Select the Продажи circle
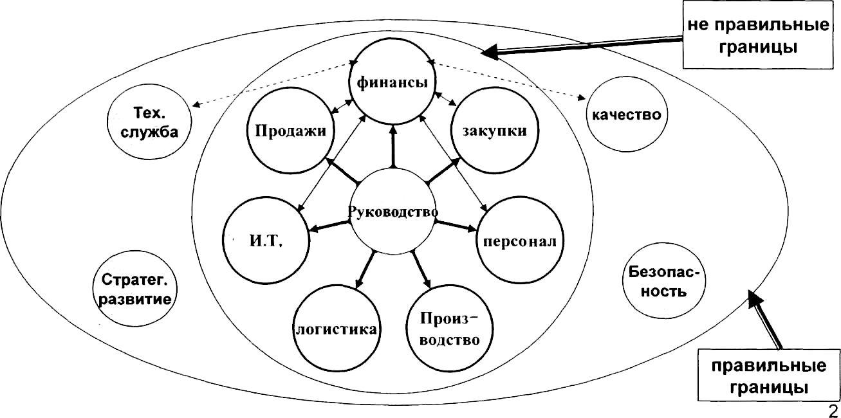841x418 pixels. [x=291, y=131]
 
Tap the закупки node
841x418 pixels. [x=494, y=131]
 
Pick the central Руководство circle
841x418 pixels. [x=393, y=210]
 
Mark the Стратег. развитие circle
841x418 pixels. [x=136, y=289]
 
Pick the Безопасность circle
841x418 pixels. [x=663, y=281]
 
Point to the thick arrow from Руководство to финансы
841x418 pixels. [x=393, y=147]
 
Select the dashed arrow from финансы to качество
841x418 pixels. [x=508, y=81]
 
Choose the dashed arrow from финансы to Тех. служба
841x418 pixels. [x=273, y=84]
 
